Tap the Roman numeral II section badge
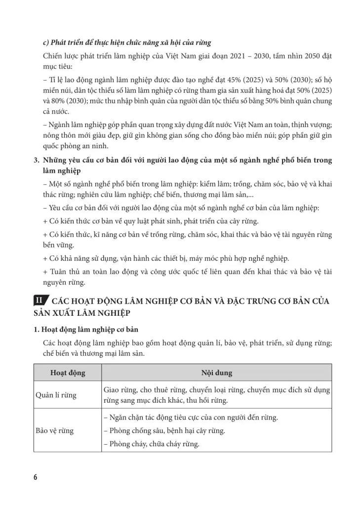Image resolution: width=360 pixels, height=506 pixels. [x=39, y=301]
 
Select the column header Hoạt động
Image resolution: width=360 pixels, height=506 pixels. [x=68, y=373]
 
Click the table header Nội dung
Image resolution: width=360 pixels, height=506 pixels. [x=216, y=373]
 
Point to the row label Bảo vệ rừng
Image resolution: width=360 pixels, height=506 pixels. [x=55, y=430]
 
